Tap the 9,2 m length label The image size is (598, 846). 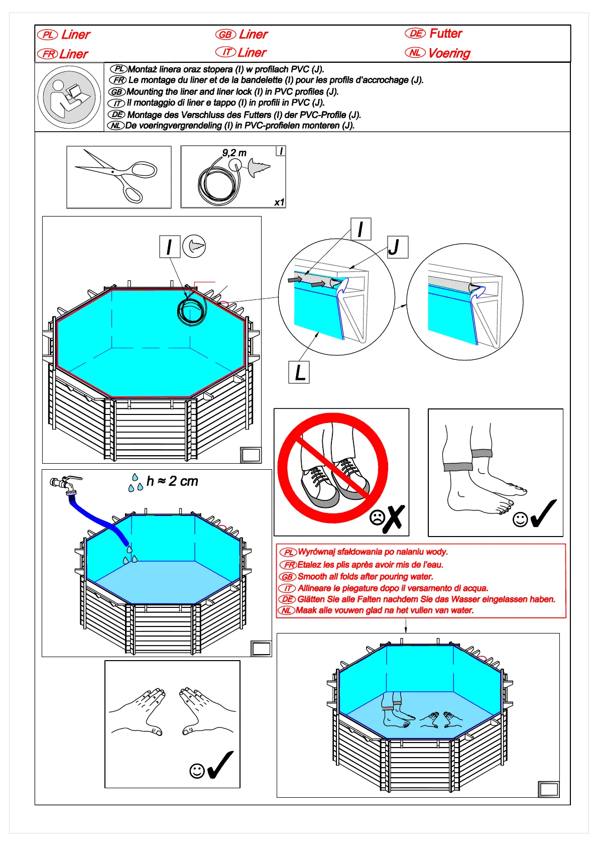click(234, 153)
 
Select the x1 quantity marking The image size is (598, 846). click(279, 202)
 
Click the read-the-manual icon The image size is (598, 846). click(69, 97)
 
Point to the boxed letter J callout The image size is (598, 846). click(398, 247)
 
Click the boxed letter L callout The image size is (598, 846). click(299, 372)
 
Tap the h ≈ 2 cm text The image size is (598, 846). click(172, 481)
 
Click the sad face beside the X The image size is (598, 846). click(377, 518)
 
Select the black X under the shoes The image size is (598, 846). click(394, 519)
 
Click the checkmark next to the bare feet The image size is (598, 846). click(544, 513)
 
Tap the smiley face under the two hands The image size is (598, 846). click(197, 771)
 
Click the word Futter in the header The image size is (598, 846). click(445, 34)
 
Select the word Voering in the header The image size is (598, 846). click(449, 53)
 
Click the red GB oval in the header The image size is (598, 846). click(225, 35)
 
